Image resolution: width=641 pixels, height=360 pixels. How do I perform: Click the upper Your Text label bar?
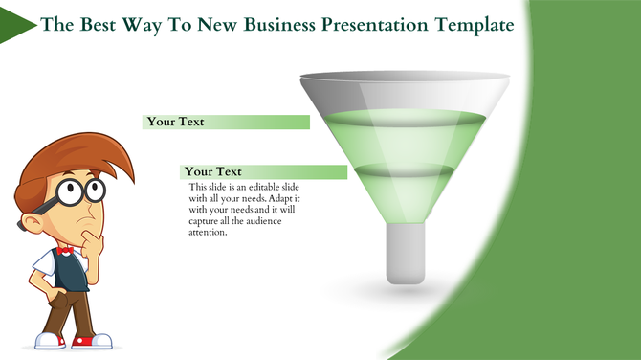(226, 122)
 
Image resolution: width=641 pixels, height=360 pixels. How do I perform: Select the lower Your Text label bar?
(264, 171)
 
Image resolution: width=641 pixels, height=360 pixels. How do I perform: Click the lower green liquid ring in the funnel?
(405, 170)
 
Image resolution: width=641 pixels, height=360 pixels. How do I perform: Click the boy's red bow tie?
(65, 251)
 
